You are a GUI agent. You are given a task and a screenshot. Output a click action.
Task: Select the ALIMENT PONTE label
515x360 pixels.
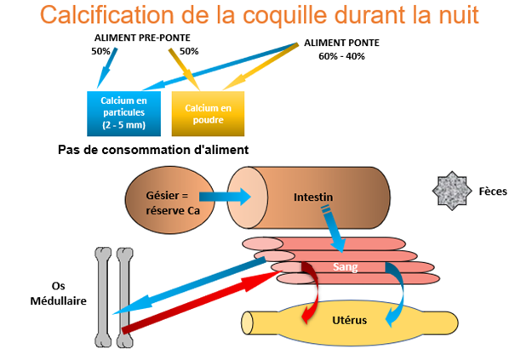(x=340, y=43)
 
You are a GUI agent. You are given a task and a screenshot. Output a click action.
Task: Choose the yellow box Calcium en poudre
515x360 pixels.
(x=209, y=113)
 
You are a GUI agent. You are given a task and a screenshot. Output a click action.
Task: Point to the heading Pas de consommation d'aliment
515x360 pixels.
(x=152, y=151)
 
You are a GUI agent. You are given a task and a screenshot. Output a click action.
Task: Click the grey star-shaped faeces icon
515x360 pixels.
(x=448, y=191)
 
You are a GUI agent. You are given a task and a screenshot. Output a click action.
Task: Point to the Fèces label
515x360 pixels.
(x=493, y=191)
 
